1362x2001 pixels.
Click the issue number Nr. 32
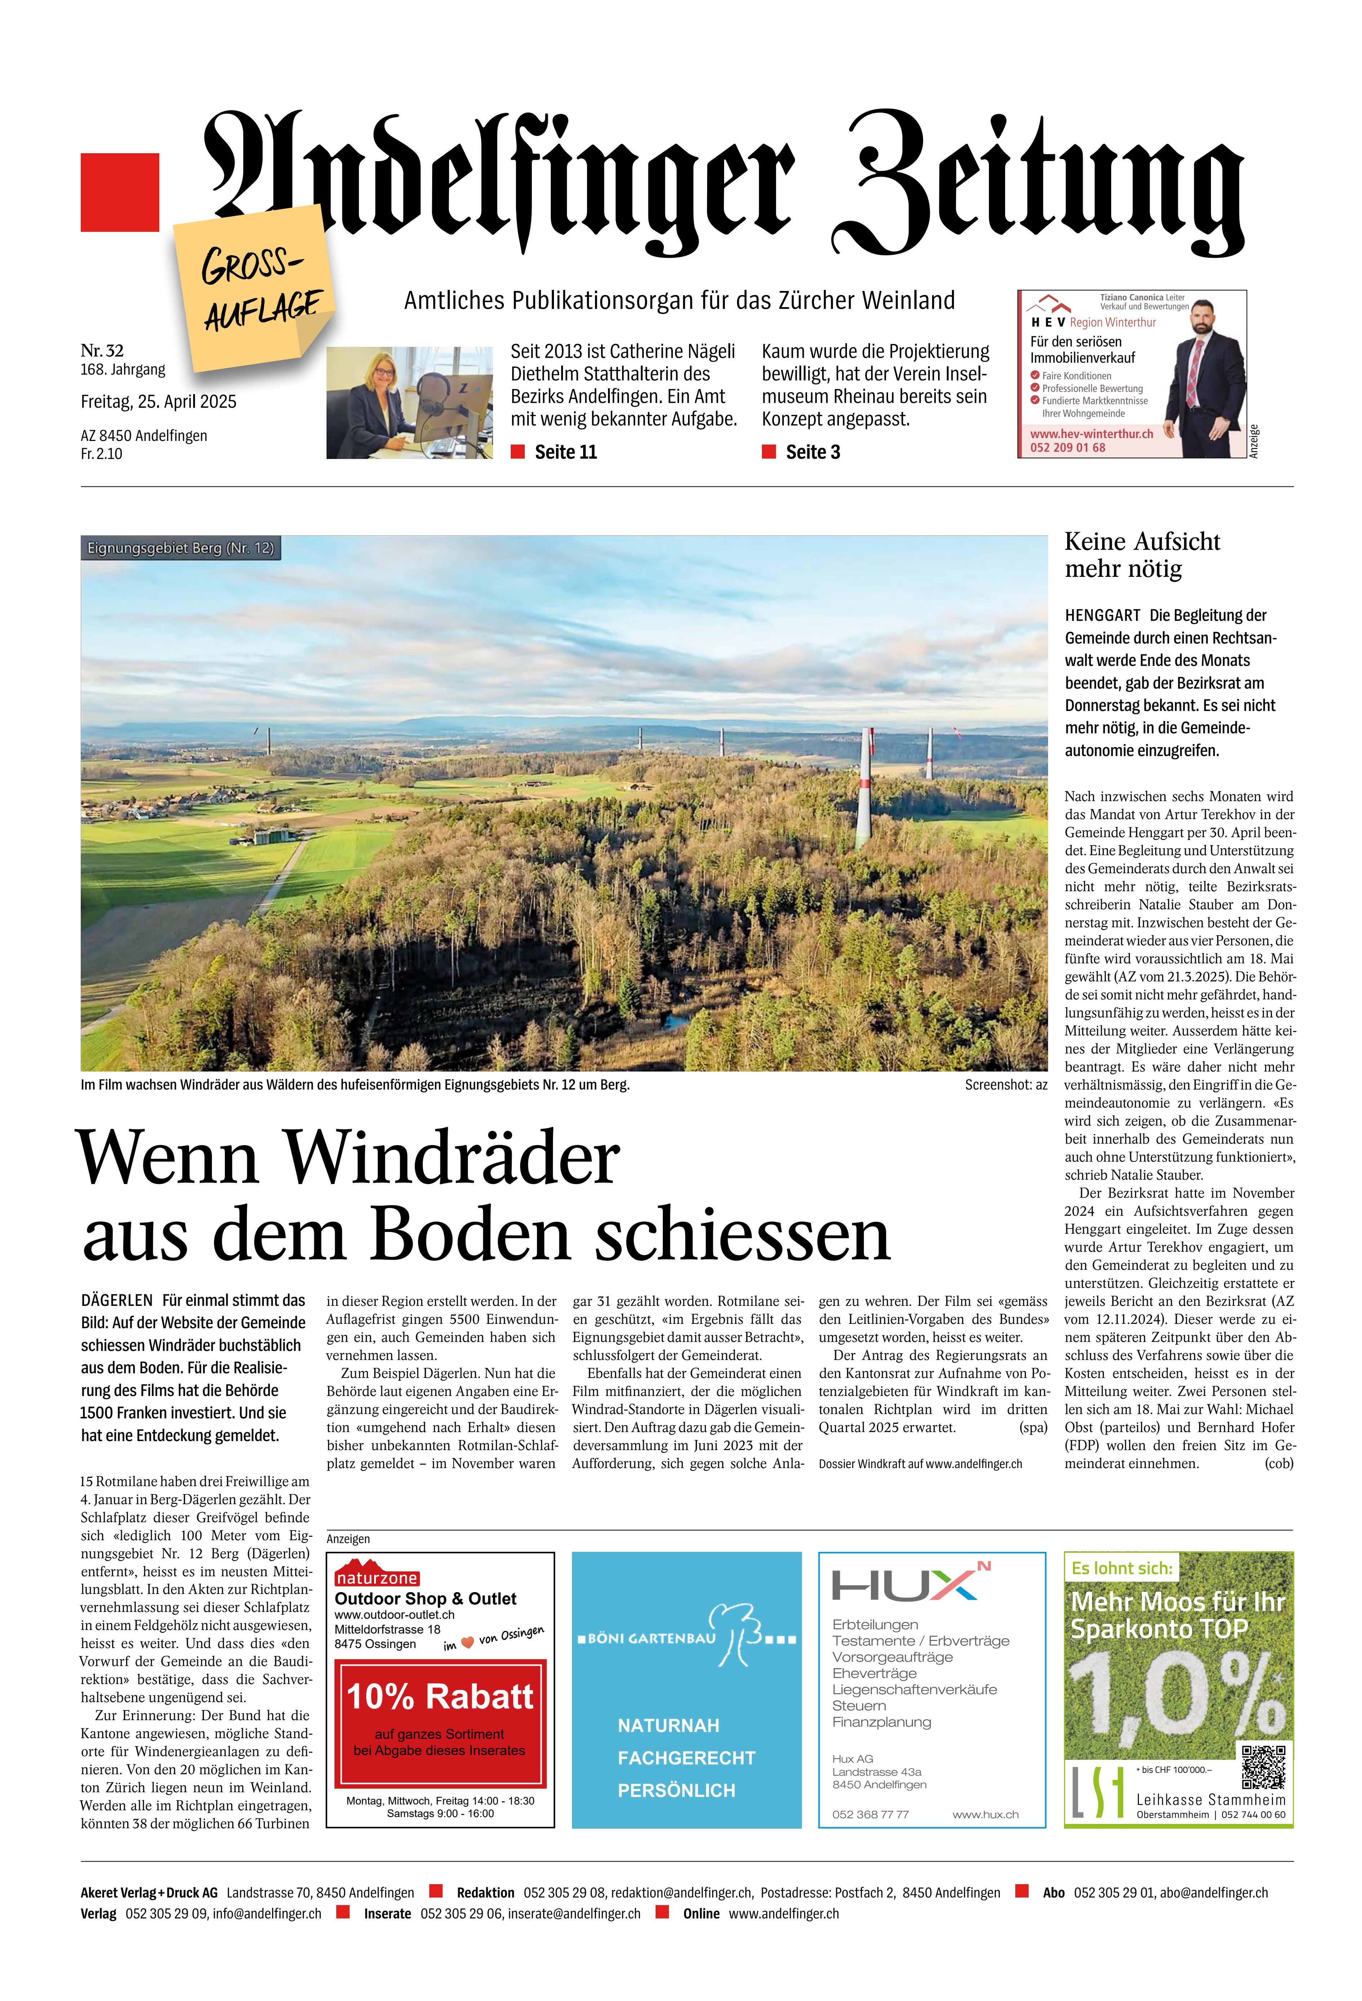click(102, 350)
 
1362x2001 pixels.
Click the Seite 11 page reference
click(565, 452)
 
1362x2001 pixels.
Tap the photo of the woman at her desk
click(409, 402)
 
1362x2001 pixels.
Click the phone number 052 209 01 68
click(1068, 448)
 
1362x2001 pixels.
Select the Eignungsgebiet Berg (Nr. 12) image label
click(181, 548)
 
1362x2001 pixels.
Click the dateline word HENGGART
click(1102, 616)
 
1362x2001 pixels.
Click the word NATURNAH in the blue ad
click(668, 1726)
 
